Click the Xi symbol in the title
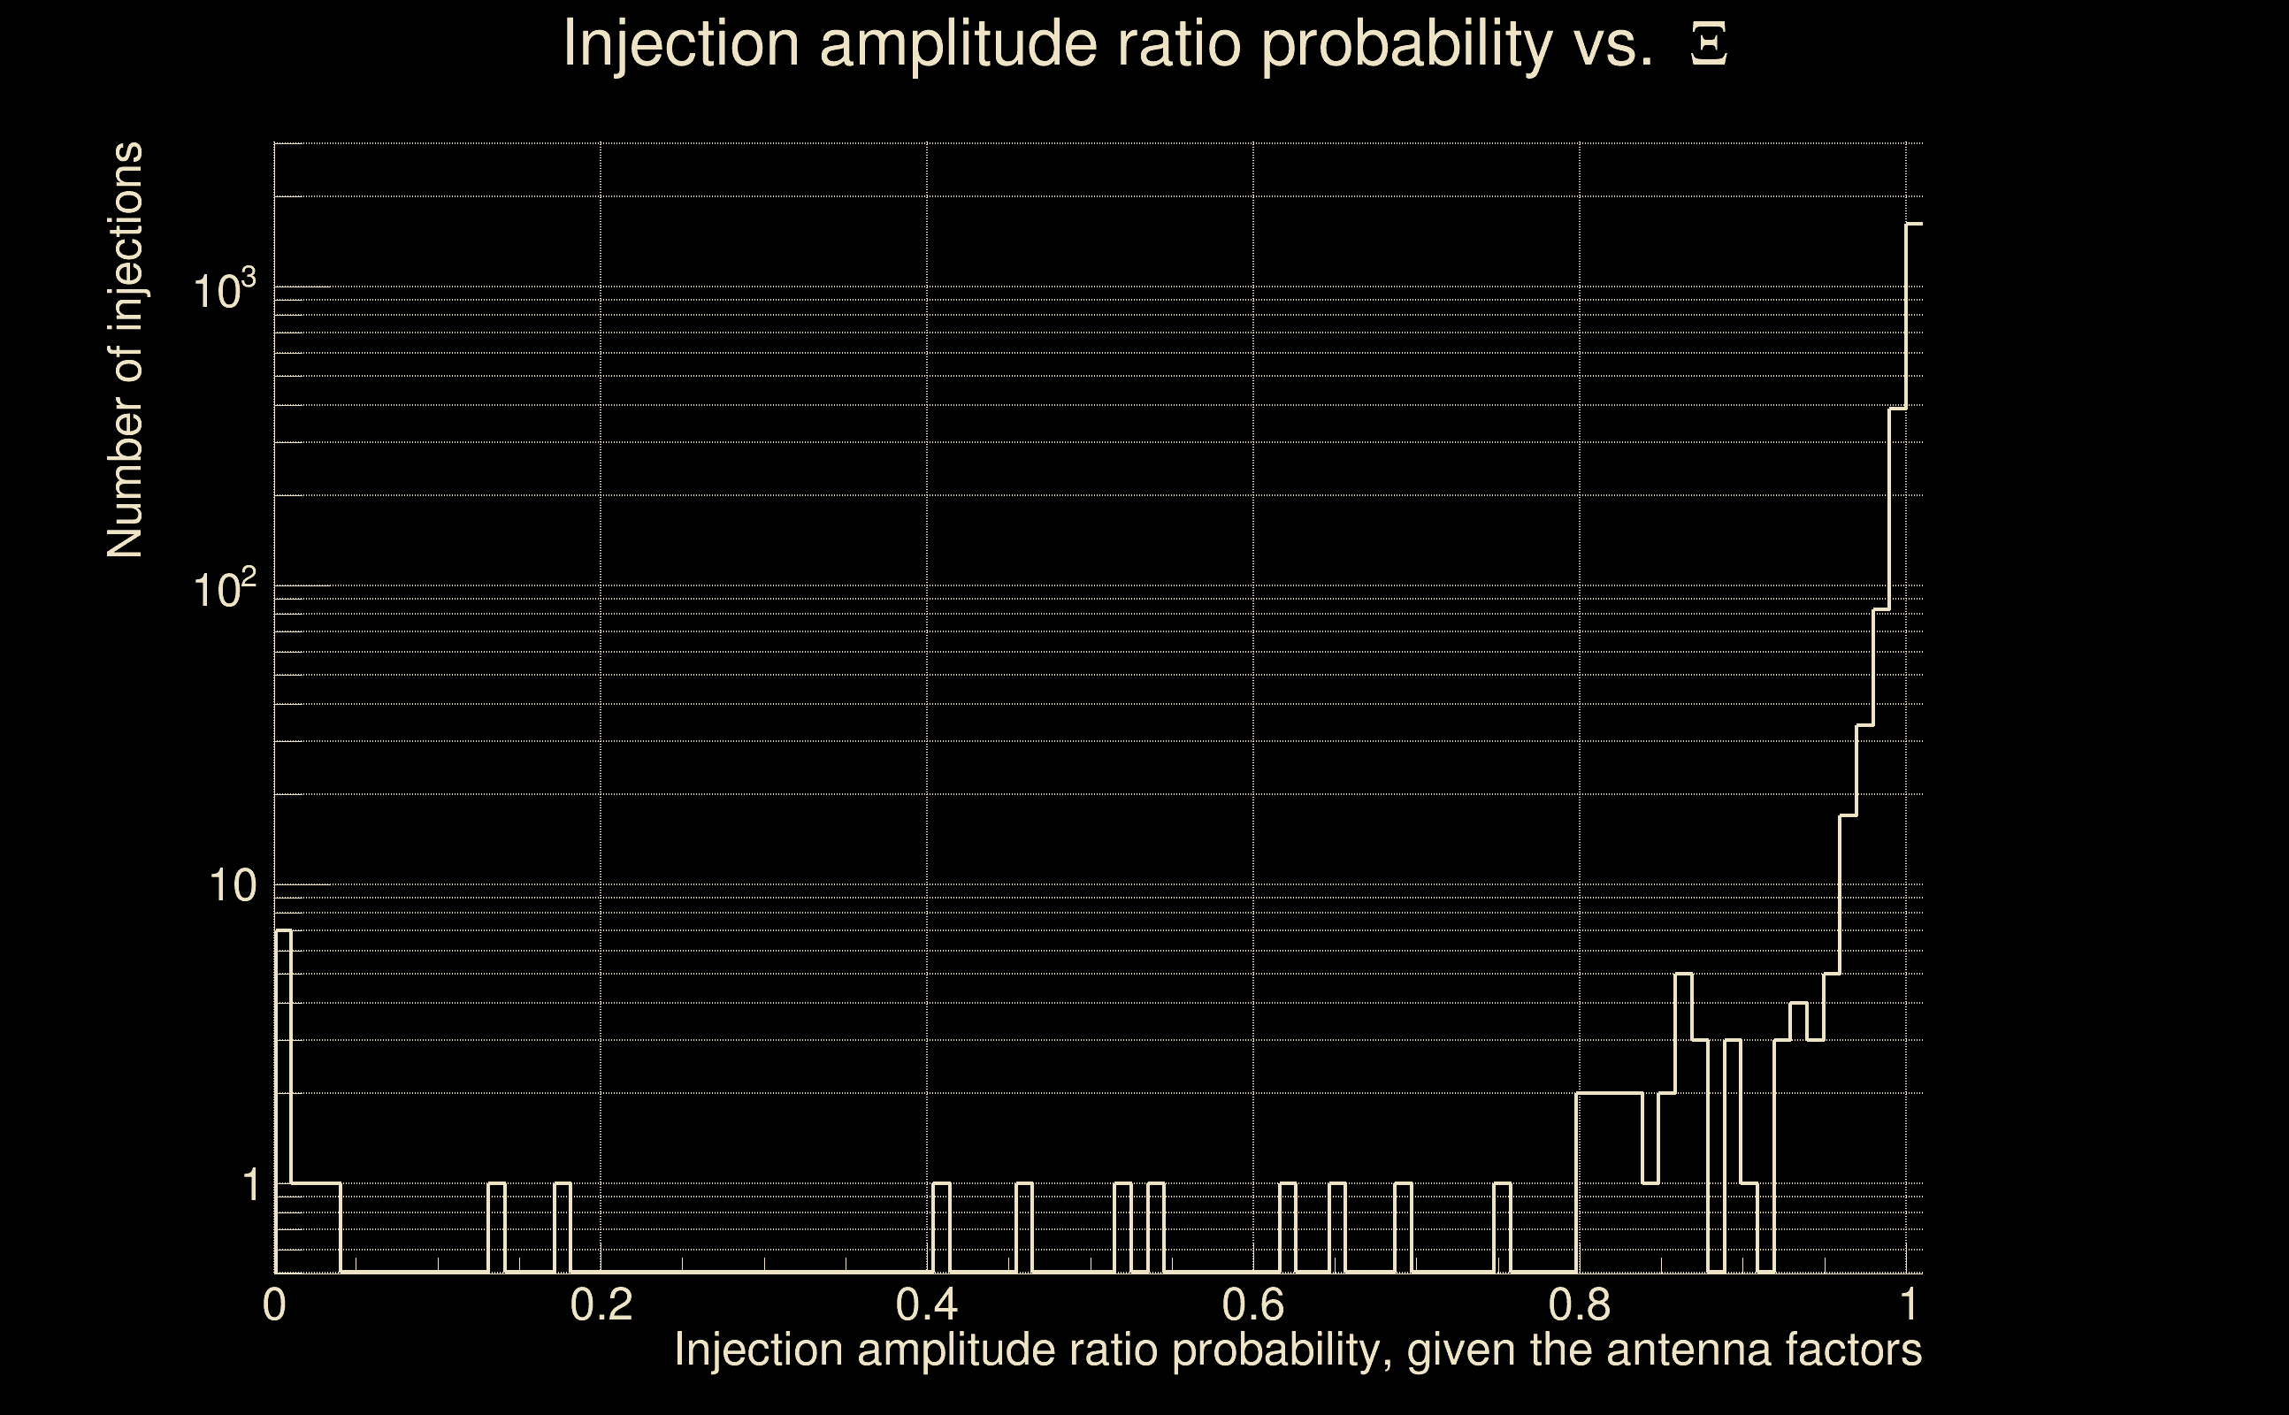1709,45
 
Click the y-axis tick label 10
232,885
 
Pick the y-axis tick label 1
250,1185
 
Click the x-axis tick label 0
274,1304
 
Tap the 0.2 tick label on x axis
601,1304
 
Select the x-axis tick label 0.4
926,1304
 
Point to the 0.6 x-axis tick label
1253,1304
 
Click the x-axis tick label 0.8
1580,1304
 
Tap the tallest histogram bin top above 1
1914,224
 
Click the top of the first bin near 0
283,931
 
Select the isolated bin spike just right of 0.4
941,1184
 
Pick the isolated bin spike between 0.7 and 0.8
1502,1184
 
